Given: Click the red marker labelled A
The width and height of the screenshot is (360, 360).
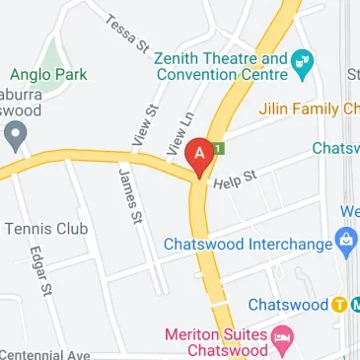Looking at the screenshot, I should [x=201, y=156].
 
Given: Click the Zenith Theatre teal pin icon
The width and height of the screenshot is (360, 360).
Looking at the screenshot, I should [x=304, y=61].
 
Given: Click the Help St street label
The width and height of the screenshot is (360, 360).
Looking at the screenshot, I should [x=237, y=179].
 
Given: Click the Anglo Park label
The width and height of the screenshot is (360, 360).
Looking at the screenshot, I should [x=49, y=74].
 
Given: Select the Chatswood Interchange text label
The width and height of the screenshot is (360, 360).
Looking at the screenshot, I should [x=248, y=243].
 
